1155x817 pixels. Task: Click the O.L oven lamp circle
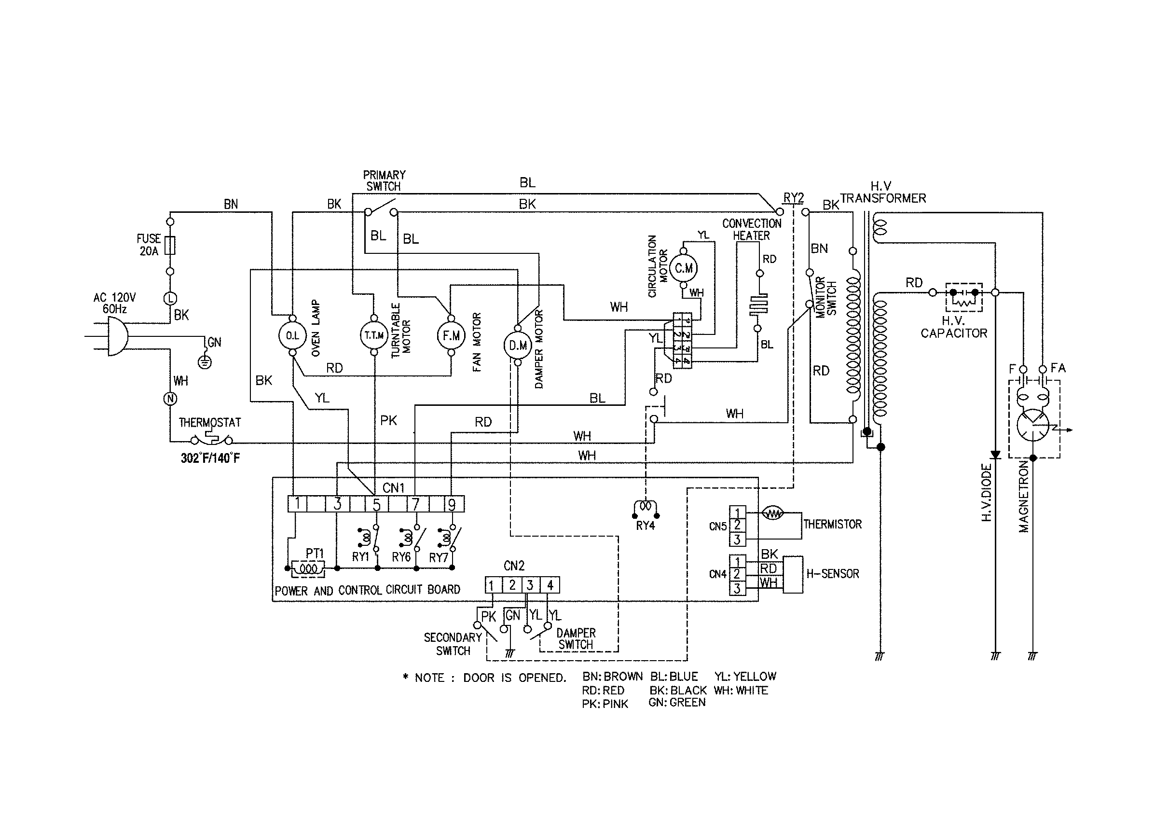point(292,335)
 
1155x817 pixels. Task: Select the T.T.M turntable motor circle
point(374,335)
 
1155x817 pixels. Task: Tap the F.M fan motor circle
point(451,335)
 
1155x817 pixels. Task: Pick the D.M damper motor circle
point(518,345)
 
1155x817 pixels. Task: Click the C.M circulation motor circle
point(683,268)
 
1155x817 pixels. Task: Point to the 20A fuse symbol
point(170,246)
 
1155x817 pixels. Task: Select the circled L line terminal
point(170,298)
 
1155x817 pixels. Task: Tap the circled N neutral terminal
point(170,399)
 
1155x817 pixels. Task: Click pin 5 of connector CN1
point(376,504)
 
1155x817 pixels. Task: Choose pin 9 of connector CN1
point(452,504)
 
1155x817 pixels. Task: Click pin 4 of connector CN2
point(550,585)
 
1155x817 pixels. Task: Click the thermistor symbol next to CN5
point(773,513)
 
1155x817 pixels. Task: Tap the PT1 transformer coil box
point(308,568)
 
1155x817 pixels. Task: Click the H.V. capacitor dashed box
point(964,297)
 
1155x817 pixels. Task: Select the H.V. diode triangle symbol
point(995,455)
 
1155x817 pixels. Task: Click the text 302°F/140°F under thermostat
point(210,458)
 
